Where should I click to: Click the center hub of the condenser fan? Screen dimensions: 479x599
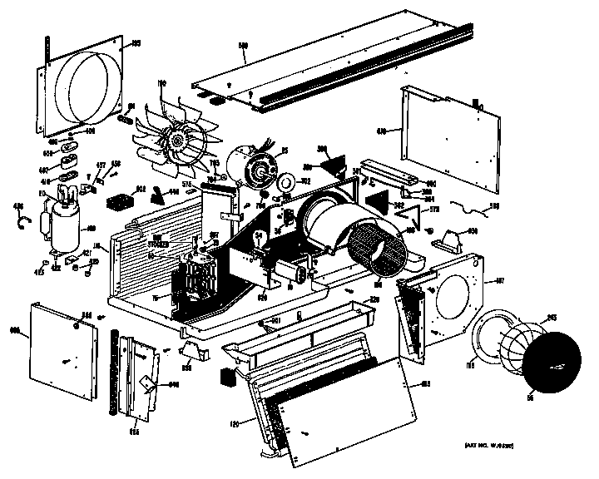coord(178,142)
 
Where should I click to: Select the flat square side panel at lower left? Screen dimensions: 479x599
coord(60,348)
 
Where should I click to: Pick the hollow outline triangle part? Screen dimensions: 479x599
coord(408,218)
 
